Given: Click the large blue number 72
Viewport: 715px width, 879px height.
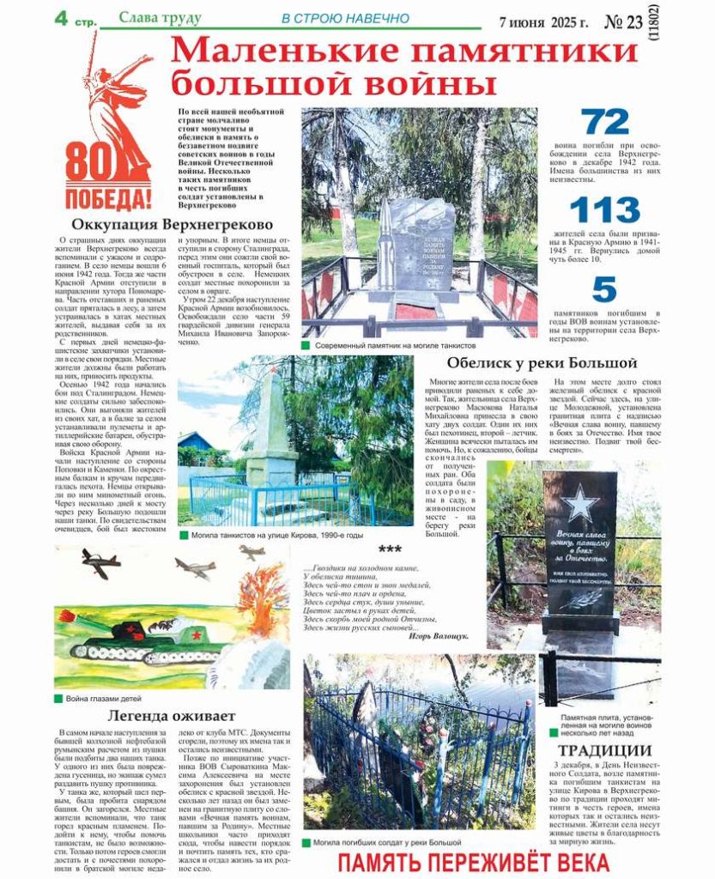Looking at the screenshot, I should point(604,123).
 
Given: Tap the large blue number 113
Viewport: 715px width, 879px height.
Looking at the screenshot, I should point(604,210).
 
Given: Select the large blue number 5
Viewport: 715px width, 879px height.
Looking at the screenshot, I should point(604,290).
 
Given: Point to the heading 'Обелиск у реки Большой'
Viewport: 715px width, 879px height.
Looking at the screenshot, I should point(542,363).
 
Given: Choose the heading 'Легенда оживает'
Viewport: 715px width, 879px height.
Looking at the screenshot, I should point(171,715).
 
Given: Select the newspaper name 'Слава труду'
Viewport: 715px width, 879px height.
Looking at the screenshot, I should point(160,18).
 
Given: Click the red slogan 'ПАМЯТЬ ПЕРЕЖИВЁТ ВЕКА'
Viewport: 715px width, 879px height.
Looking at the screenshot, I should point(473,863).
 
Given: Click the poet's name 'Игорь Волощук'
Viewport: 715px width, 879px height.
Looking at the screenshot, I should point(439,636).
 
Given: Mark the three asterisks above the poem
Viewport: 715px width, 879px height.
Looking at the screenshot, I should point(389,550).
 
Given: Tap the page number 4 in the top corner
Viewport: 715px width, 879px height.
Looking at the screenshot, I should point(61,17).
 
